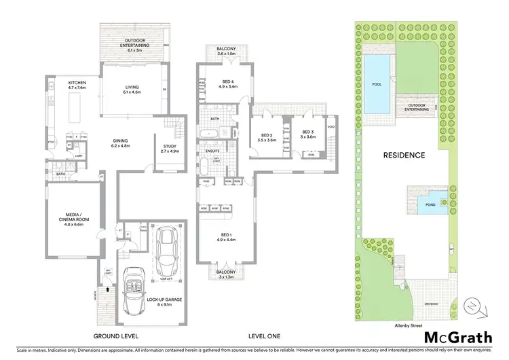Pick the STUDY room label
point(170,145)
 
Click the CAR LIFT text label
point(166,278)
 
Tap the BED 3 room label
point(307,132)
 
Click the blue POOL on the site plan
point(377,84)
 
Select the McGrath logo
point(457,337)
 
